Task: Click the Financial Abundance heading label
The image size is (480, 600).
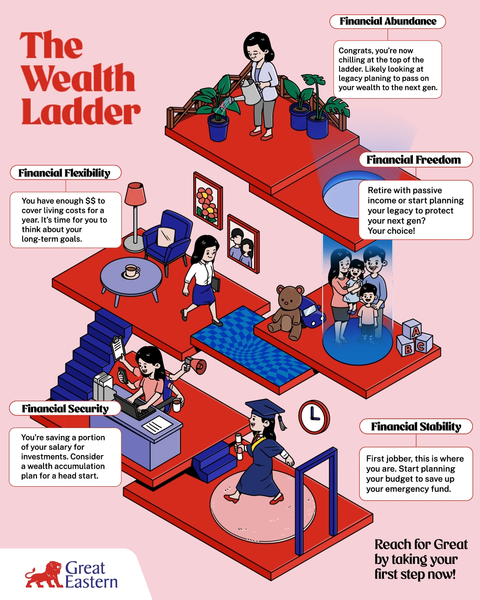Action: pos(387,21)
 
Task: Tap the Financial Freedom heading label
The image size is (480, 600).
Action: pos(415,160)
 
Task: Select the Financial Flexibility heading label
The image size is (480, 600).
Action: pos(65,173)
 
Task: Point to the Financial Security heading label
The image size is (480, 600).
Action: pos(65,408)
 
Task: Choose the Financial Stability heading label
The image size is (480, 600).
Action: pos(416,426)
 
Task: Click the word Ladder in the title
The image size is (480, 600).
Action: pos(80,111)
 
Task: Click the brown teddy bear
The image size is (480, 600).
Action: pos(287,312)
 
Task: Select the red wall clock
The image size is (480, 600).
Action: pos(314,417)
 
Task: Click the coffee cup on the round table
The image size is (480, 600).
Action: pos(131,272)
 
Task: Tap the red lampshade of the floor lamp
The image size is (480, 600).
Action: pos(135,194)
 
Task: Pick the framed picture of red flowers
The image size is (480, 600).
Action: pos(208,201)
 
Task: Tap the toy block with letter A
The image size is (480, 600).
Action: pos(412,329)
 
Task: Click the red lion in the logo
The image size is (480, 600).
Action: pos(43,575)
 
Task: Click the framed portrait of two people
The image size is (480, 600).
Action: pos(243,243)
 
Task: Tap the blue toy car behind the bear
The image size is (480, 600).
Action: pos(312,312)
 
